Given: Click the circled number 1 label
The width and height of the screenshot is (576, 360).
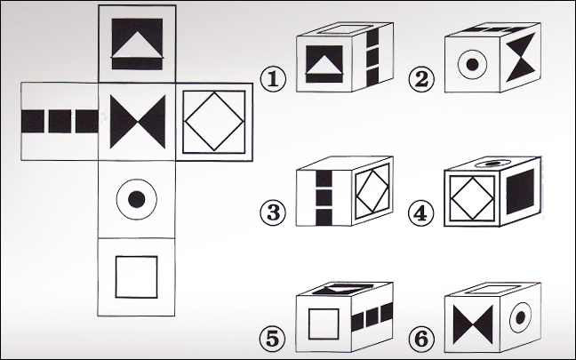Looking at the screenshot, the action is (273, 79).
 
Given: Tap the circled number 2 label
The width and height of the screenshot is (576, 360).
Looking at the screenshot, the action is (421, 79).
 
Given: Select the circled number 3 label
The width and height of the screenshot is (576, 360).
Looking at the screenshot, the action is (273, 212).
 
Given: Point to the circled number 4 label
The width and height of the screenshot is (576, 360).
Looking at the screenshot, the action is (421, 213).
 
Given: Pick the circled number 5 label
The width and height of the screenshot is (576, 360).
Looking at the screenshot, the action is (273, 339).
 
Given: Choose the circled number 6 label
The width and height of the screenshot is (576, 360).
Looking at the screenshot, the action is (421, 339).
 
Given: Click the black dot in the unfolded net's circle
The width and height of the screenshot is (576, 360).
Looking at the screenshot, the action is (137, 199).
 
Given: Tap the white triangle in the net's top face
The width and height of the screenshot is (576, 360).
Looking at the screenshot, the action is (137, 44).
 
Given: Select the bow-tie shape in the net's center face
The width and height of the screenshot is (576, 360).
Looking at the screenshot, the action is (138, 122).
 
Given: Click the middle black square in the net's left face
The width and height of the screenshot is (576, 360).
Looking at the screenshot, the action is (60, 121).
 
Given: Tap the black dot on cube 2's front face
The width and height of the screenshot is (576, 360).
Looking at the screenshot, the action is (472, 65).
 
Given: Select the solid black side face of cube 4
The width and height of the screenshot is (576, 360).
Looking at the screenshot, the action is (521, 191).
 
